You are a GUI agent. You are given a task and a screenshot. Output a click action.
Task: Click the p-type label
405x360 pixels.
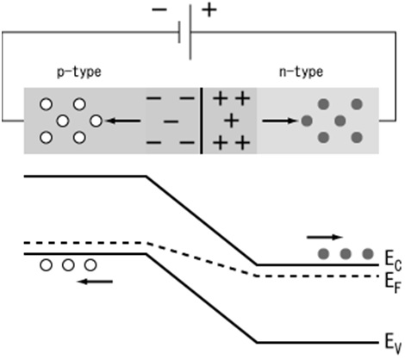tap(78, 72)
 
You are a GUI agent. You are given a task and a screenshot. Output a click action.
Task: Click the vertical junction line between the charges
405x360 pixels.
tap(202, 120)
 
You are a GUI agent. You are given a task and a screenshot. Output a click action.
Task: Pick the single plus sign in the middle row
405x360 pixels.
tap(230, 121)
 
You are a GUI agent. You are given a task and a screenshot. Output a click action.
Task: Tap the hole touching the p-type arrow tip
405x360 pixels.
tap(96, 120)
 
